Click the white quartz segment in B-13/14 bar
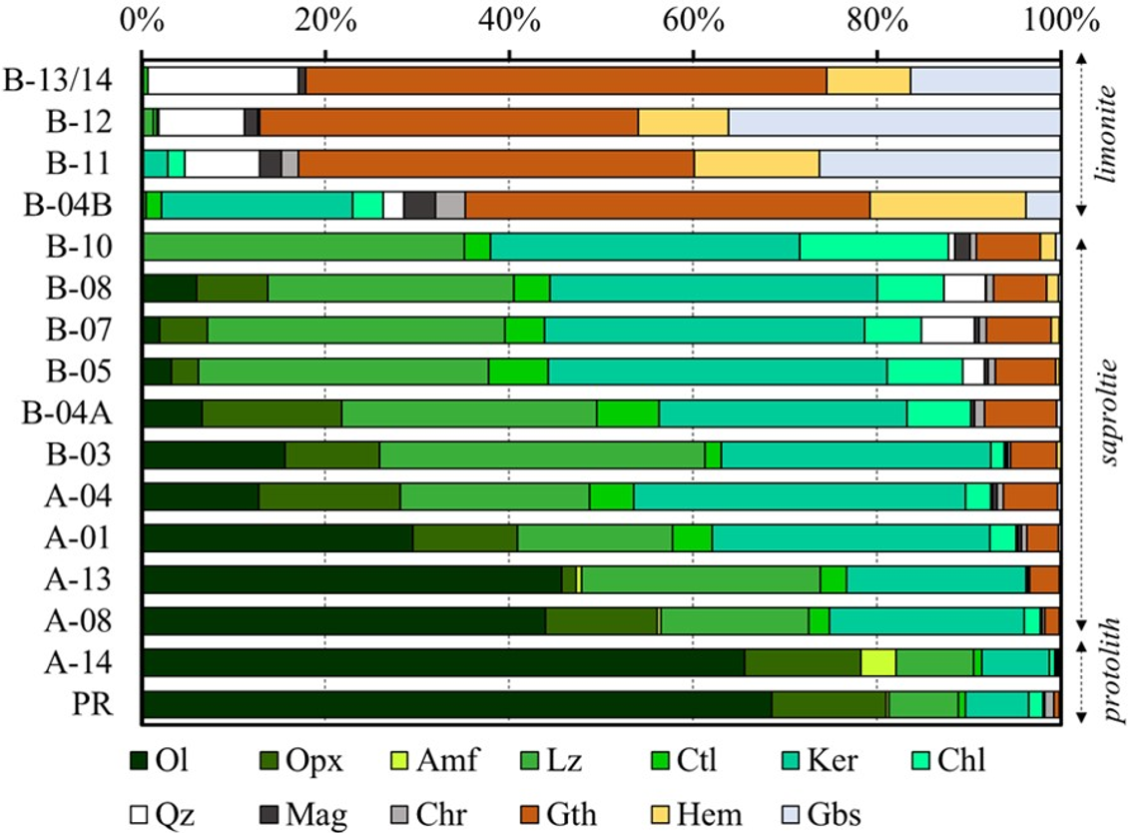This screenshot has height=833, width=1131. click(x=223, y=81)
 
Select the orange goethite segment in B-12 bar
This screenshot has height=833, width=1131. click(x=449, y=122)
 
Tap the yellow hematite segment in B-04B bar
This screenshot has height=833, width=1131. click(x=947, y=205)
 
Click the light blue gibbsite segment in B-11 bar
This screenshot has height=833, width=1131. click(x=939, y=164)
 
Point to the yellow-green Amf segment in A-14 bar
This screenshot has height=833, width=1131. click(x=878, y=663)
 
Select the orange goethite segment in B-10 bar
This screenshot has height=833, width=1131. click(x=1008, y=247)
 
